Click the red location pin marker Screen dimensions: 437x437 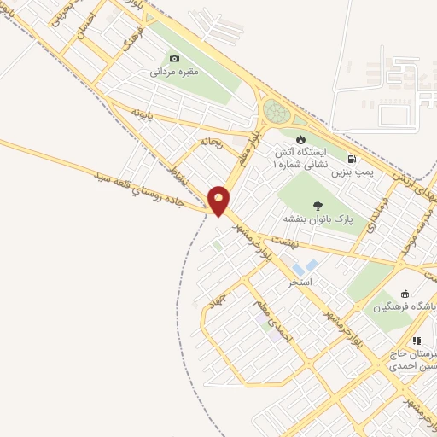click(219, 200)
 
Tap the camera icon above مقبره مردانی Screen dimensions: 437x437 click(175, 59)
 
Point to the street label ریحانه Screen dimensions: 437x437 click(212, 143)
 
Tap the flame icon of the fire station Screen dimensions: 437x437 click(300, 140)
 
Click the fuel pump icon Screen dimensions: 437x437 click(352, 158)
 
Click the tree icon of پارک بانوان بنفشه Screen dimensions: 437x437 click(318, 205)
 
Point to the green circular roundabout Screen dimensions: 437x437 click(276, 111)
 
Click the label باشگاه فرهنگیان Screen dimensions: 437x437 click(405, 306)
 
